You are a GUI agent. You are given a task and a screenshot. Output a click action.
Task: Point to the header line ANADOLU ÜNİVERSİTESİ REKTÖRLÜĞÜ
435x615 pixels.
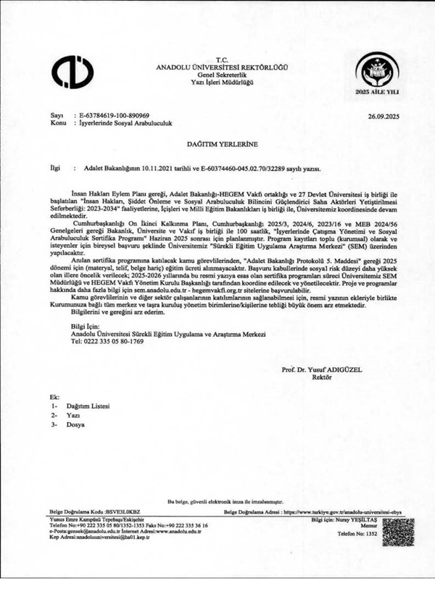point(221,67)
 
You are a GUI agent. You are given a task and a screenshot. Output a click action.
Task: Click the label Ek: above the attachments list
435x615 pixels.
point(54,398)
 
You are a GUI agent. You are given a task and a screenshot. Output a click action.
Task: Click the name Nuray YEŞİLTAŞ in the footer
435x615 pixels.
point(353,521)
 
